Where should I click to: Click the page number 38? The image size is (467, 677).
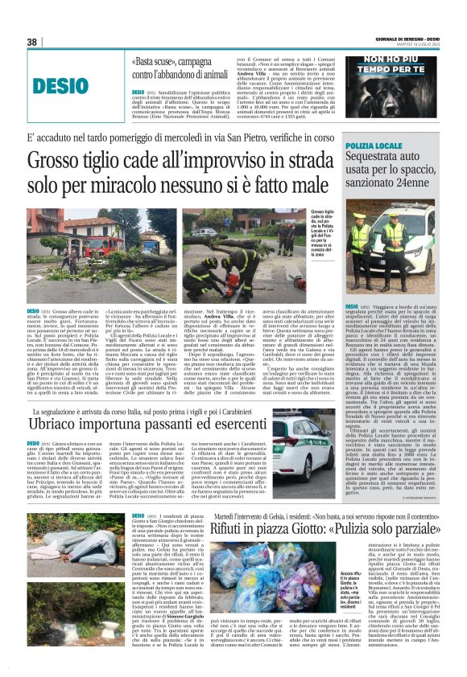pos(32,42)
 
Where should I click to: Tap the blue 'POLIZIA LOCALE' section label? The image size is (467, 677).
pos(369,145)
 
